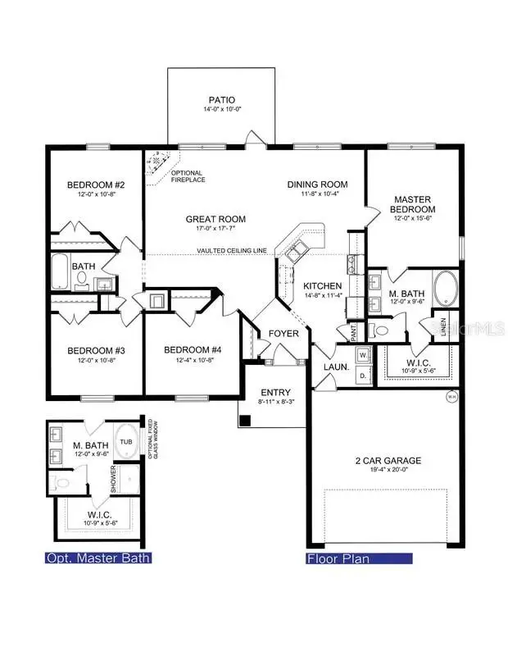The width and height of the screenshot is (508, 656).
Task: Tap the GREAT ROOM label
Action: point(215,219)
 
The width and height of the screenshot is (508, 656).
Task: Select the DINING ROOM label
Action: point(317,184)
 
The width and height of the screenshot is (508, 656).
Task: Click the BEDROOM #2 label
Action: point(90,184)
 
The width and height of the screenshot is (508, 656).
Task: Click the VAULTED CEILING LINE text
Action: point(232,251)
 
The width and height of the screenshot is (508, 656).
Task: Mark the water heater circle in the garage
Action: point(450,398)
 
